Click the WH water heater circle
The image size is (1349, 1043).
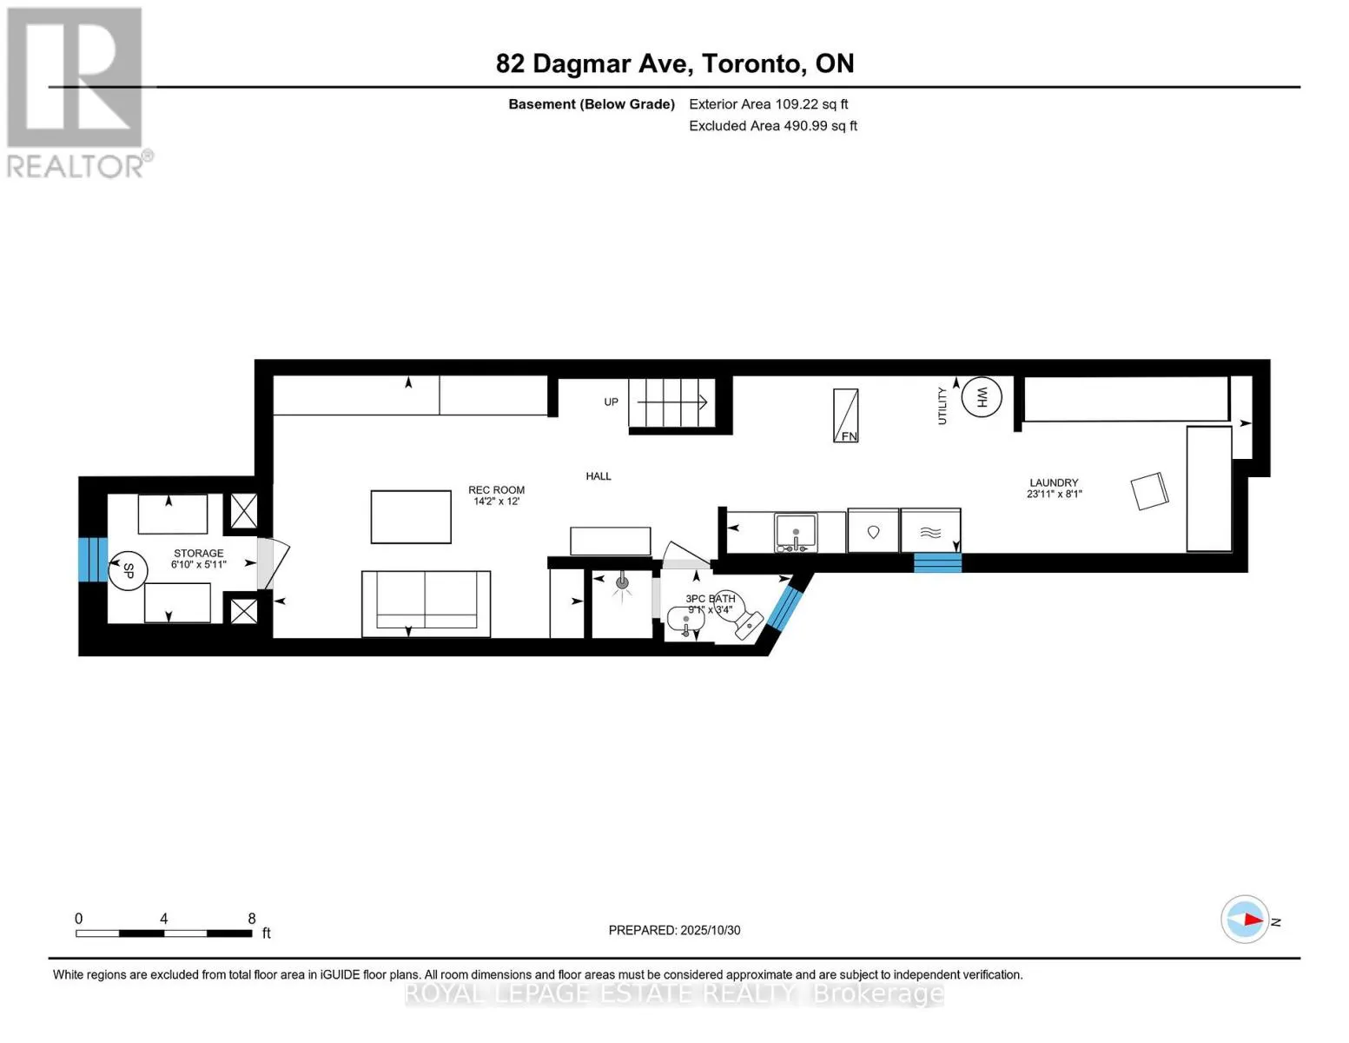coord(982,397)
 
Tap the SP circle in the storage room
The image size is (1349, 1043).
coord(128,571)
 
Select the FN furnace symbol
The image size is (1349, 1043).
coord(845,415)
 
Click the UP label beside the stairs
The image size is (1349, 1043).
coord(612,402)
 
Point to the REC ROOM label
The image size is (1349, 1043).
coord(496,490)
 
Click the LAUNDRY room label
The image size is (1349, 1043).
coord(1054,482)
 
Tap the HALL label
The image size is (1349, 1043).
coord(598,476)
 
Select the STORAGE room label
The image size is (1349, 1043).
coord(198,553)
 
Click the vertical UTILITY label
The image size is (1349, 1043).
coord(942,406)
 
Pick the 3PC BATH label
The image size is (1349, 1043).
coord(710,599)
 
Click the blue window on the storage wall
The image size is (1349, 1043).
coord(92,560)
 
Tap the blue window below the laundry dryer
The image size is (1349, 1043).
coord(937,562)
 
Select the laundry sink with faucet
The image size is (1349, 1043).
coord(796,532)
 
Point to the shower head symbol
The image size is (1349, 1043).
coord(622,583)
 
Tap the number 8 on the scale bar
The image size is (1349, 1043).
coord(252,919)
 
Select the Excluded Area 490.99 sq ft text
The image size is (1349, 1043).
coord(772,126)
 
